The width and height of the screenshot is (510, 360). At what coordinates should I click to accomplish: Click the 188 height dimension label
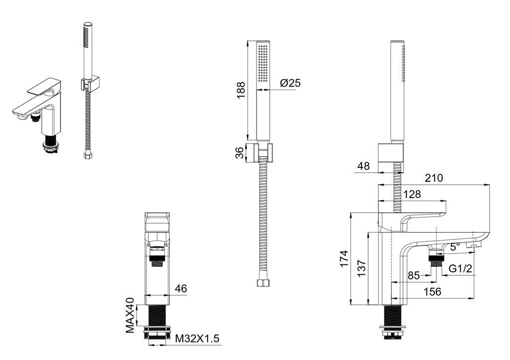pyautogui.click(x=241, y=90)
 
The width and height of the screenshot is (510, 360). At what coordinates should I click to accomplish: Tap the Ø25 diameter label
pyautogui.click(x=290, y=83)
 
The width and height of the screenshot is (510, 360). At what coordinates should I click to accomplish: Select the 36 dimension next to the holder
pyautogui.click(x=240, y=152)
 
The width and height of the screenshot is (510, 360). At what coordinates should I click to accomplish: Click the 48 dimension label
pyautogui.click(x=363, y=166)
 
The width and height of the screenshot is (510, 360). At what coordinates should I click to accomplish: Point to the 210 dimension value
pyautogui.click(x=434, y=178)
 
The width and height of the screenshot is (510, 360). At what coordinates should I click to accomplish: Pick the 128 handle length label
pyautogui.click(x=412, y=194)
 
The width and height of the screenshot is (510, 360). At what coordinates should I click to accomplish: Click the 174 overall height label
pyautogui.click(x=344, y=258)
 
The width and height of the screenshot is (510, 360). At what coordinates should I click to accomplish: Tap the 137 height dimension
pyautogui.click(x=362, y=268)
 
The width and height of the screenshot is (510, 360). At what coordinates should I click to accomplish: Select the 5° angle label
pyautogui.click(x=455, y=246)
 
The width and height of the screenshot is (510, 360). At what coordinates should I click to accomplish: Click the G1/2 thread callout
pyautogui.click(x=460, y=268)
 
